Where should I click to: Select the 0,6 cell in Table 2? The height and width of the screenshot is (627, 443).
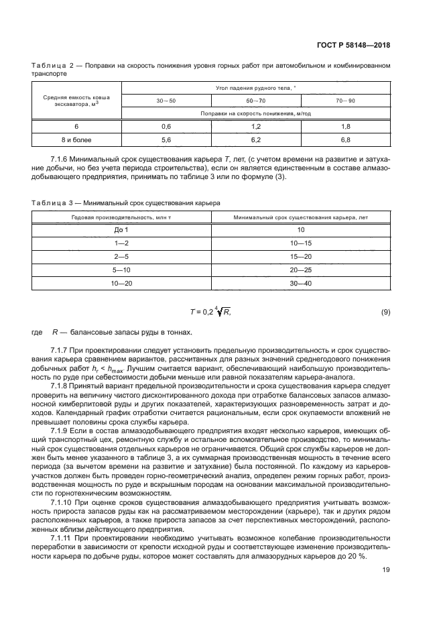(166, 126)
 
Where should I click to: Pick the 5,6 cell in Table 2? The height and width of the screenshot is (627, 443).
(166, 139)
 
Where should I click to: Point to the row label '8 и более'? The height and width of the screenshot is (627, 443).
(77, 139)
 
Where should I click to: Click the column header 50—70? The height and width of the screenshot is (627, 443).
(255, 100)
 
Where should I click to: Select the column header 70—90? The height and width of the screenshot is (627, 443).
(345, 100)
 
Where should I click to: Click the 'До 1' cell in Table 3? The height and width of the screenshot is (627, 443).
(121, 229)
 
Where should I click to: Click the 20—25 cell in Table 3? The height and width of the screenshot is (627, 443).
(300, 270)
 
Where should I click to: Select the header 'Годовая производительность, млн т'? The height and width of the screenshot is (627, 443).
(121, 217)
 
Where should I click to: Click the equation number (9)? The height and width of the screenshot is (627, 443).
(385, 312)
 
